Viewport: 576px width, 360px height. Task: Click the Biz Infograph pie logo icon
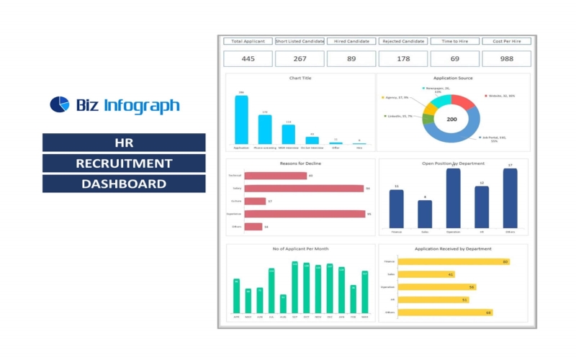click(x=59, y=105)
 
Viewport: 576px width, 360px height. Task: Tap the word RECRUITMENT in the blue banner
click(x=124, y=163)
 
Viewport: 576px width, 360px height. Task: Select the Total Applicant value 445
click(x=248, y=59)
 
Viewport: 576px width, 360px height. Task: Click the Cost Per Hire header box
click(x=506, y=41)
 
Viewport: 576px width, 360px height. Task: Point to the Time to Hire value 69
click(x=454, y=59)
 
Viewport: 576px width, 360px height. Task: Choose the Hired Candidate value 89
click(x=351, y=59)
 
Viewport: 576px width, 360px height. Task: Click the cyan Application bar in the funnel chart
click(x=241, y=120)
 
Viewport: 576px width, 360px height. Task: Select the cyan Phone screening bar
click(x=265, y=130)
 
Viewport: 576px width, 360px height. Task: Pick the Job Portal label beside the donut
click(x=495, y=139)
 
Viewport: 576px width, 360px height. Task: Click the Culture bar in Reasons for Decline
click(x=255, y=202)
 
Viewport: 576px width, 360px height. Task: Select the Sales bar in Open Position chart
click(x=425, y=214)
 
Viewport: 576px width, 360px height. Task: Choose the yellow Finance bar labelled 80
click(x=454, y=261)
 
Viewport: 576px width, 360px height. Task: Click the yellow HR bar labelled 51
click(x=433, y=300)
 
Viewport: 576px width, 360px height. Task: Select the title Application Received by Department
click(x=453, y=249)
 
